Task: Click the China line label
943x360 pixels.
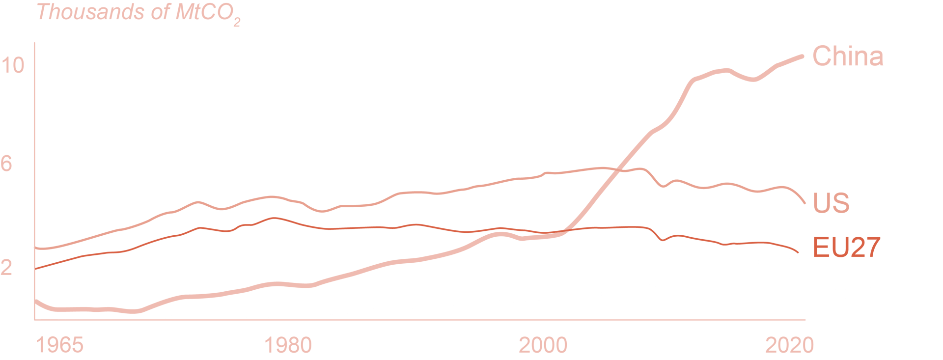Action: click(848, 56)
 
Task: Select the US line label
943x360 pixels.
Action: click(831, 203)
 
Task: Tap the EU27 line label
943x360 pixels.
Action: click(846, 247)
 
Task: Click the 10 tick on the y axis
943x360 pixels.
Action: click(12, 65)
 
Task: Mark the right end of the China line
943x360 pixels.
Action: click(803, 56)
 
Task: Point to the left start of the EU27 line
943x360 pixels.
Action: click(35, 269)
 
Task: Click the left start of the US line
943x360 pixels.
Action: click(35, 248)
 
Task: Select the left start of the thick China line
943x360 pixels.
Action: click(35, 301)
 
